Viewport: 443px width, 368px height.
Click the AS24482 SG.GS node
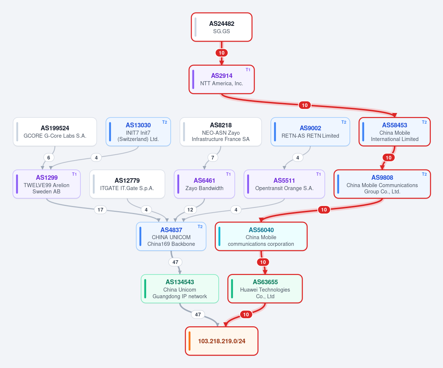(x=222, y=27)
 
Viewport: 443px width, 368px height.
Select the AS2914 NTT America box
(x=222, y=79)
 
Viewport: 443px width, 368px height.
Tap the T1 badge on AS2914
(x=248, y=70)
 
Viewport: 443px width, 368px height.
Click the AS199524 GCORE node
(x=55, y=132)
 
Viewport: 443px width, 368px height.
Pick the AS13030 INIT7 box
(x=138, y=132)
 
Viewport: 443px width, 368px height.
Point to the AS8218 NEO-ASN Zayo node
(x=221, y=132)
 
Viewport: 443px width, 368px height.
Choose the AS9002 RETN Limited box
(x=310, y=132)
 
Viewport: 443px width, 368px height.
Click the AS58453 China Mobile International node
(x=395, y=132)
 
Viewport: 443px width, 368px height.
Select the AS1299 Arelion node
(x=47, y=184)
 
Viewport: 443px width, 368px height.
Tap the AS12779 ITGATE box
(x=127, y=184)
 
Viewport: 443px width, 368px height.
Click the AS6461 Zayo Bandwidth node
(x=204, y=184)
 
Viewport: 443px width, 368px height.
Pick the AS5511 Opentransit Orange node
(x=284, y=184)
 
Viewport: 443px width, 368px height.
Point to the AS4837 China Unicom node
(x=171, y=237)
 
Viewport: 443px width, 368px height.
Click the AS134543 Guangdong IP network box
(x=180, y=289)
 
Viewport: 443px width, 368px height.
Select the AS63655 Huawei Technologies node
(x=265, y=289)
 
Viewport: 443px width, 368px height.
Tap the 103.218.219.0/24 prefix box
(x=222, y=341)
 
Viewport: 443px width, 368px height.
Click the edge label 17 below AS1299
(x=100, y=210)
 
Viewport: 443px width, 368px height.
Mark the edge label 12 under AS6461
(x=190, y=210)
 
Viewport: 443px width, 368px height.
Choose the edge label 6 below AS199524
(x=49, y=158)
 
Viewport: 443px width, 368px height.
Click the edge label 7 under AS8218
(x=213, y=158)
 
